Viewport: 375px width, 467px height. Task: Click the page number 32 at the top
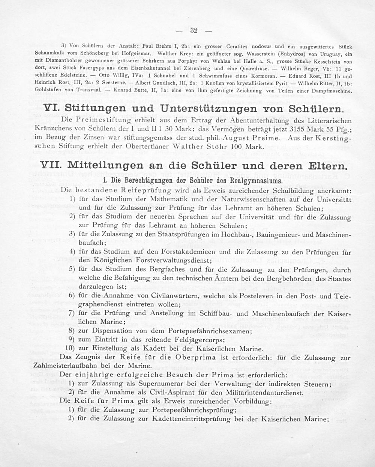(x=194, y=30)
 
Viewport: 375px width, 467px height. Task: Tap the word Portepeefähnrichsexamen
(x=197, y=332)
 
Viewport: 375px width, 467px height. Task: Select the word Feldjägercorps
(x=195, y=340)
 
